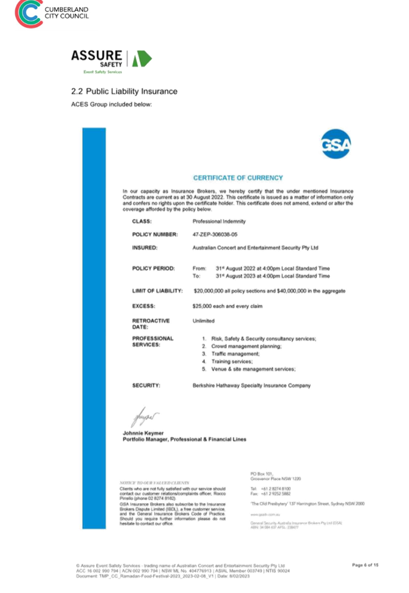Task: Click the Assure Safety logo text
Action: coord(96,58)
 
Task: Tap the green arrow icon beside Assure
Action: coord(142,58)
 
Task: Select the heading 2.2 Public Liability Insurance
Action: coord(124,91)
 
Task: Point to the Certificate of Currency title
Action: coord(237,178)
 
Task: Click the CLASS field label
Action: coord(142,221)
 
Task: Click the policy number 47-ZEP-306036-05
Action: coord(215,234)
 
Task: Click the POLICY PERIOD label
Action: coord(154,268)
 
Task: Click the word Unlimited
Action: coord(203,321)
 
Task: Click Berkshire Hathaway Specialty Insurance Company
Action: coord(251,386)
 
